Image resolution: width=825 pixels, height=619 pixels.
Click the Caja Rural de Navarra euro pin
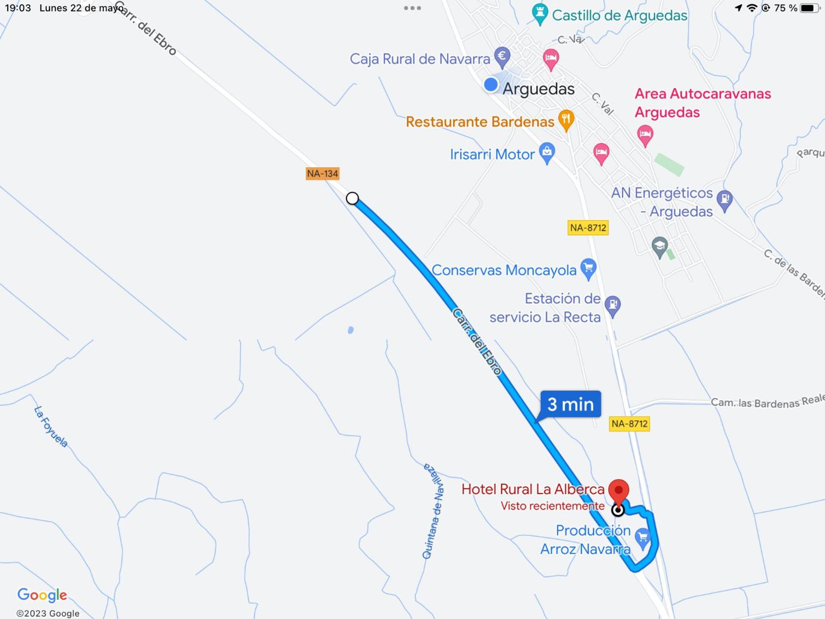click(502, 56)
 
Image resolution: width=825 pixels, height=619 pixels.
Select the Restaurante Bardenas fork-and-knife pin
click(566, 119)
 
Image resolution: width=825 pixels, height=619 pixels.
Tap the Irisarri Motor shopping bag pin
click(547, 152)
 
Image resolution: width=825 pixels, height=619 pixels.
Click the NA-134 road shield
click(322, 174)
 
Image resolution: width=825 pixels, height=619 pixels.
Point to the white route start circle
click(352, 198)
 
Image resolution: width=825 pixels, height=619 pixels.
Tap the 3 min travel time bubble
click(570, 404)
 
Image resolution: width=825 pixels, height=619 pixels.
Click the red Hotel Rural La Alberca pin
click(619, 491)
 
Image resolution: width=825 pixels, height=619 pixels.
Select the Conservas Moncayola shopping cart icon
click(588, 268)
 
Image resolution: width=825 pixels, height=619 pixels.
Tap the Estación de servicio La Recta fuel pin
click(613, 305)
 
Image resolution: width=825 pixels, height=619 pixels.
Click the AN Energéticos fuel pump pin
click(724, 200)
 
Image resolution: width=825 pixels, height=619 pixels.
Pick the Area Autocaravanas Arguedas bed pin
click(645, 135)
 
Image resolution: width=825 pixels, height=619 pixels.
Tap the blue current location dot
click(491, 84)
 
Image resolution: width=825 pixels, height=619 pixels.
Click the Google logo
click(42, 595)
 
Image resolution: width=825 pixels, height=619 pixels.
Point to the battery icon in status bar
click(810, 8)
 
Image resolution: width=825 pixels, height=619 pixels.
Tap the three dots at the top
click(412, 8)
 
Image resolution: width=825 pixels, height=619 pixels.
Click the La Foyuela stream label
click(51, 427)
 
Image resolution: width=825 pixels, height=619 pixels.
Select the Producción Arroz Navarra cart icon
click(643, 538)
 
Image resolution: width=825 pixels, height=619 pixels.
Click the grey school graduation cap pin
click(660, 247)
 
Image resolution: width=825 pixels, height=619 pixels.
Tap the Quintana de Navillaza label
click(433, 511)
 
